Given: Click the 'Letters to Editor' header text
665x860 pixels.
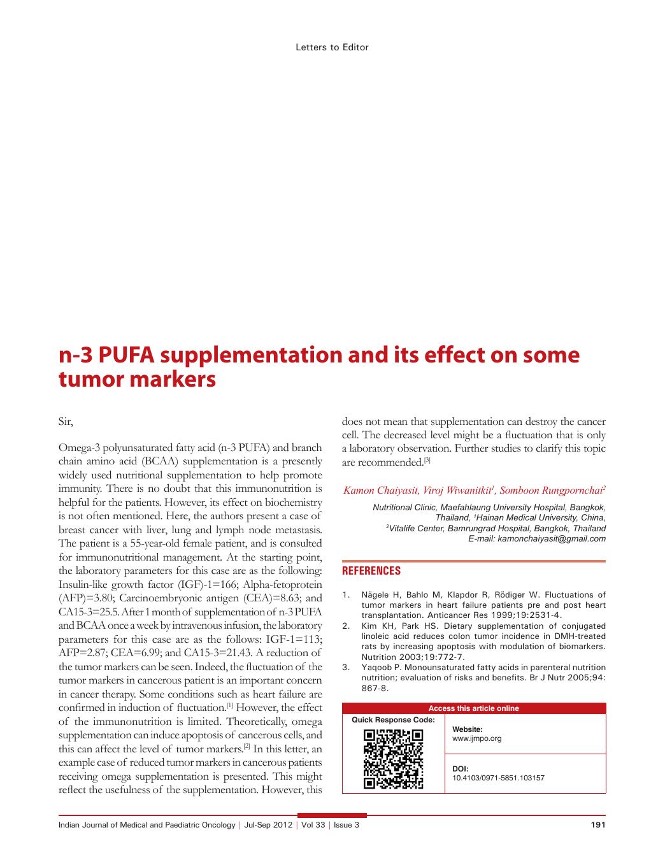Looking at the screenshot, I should (x=332, y=47).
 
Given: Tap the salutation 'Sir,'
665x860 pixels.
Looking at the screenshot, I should (x=66, y=422).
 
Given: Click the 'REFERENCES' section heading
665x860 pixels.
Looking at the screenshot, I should (x=371, y=571).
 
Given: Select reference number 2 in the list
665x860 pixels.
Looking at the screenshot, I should (x=346, y=626).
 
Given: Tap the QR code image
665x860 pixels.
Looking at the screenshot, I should (x=393, y=759).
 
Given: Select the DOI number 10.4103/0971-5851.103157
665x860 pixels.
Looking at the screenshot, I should (x=498, y=778).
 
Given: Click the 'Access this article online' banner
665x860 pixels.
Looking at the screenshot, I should (x=473, y=708).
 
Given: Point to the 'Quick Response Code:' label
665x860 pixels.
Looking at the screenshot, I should (x=393, y=720).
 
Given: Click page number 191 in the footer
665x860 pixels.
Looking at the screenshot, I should (x=597, y=825).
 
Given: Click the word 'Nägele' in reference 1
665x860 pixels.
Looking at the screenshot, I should (x=376, y=595).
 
